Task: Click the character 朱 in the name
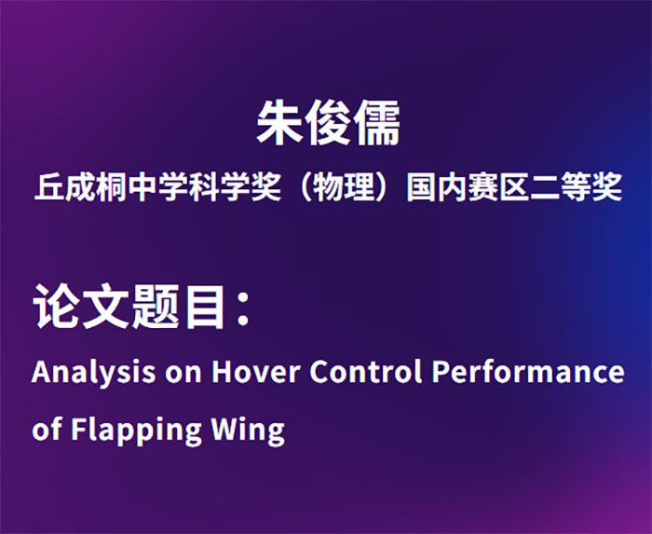click(x=279, y=123)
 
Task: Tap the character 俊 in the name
click(x=328, y=123)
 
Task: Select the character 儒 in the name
click(x=376, y=123)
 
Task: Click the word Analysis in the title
click(x=93, y=373)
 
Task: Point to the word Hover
click(x=256, y=371)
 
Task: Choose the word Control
click(x=366, y=371)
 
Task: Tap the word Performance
click(x=528, y=371)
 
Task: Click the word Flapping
click(x=137, y=431)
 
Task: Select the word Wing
click(x=249, y=431)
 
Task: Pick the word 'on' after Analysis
click(x=183, y=374)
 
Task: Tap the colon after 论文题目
click(x=243, y=308)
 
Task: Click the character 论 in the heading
click(x=57, y=307)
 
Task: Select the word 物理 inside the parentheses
click(x=344, y=186)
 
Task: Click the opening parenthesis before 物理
click(x=306, y=186)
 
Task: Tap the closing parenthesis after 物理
click(x=383, y=186)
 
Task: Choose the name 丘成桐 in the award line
click(x=80, y=186)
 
